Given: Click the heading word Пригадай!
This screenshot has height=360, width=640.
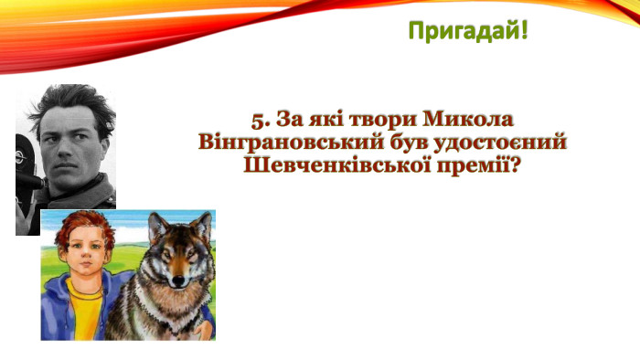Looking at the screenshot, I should tap(467, 32).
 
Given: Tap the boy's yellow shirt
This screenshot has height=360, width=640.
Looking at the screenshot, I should tap(83, 315).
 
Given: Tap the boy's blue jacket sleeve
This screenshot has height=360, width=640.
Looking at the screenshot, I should tap(55, 311).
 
